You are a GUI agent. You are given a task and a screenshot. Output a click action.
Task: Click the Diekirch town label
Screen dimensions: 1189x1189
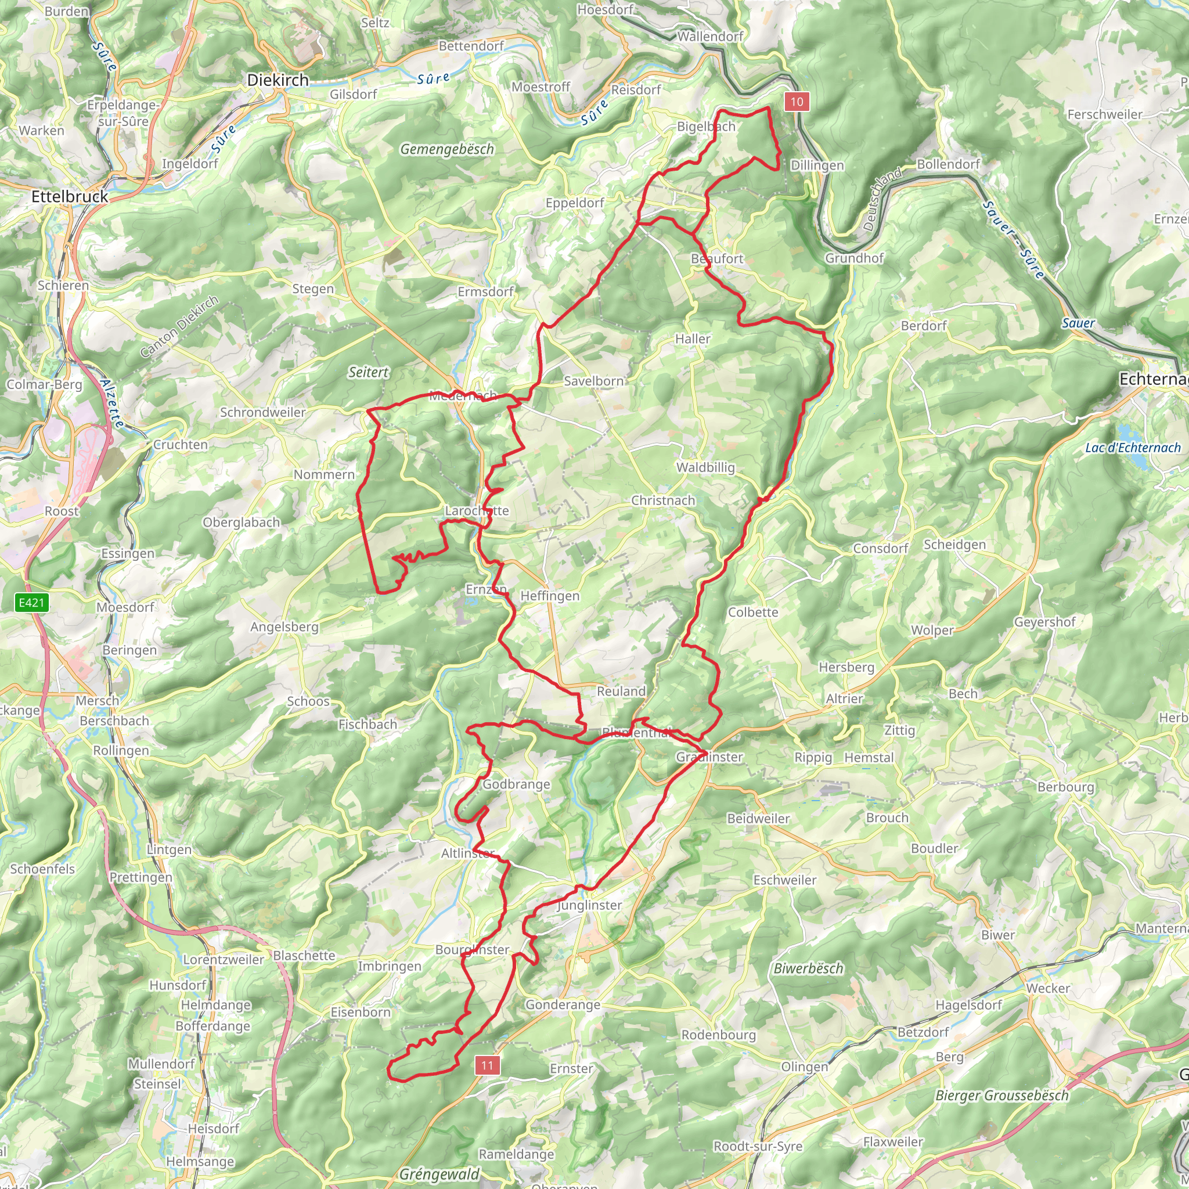click(x=278, y=80)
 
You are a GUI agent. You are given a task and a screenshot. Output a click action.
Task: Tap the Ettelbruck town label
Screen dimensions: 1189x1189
click(x=70, y=197)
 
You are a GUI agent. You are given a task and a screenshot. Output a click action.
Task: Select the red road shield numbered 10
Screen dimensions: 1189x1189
click(x=797, y=102)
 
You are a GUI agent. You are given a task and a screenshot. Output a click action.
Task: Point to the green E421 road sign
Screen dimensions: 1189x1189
click(x=31, y=603)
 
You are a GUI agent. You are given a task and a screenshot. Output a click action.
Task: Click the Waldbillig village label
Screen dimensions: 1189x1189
click(x=705, y=468)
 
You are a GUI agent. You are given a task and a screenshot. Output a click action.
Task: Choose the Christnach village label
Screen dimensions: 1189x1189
click(x=663, y=501)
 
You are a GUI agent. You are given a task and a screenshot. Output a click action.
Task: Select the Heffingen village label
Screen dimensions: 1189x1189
click(x=550, y=596)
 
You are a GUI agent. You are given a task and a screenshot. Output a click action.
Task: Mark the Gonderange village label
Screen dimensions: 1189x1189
click(x=563, y=1005)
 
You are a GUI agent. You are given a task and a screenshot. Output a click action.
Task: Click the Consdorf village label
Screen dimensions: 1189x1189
click(x=880, y=548)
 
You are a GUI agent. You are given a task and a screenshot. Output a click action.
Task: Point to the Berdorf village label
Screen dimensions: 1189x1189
click(x=923, y=326)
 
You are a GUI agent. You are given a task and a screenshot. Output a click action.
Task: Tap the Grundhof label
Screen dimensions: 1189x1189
click(x=854, y=258)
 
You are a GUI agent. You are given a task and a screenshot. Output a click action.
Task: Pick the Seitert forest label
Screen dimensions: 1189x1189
click(x=368, y=372)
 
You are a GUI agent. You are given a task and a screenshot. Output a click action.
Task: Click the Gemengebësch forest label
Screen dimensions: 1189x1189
click(x=447, y=150)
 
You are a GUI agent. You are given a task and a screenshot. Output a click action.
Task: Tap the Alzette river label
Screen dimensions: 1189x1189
click(x=112, y=403)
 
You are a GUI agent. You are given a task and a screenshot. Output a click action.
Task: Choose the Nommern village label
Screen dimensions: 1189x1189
click(x=324, y=475)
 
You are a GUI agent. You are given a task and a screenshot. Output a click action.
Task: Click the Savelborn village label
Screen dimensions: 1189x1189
click(x=593, y=381)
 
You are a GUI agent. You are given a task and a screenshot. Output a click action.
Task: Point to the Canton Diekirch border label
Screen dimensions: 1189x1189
click(x=178, y=327)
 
